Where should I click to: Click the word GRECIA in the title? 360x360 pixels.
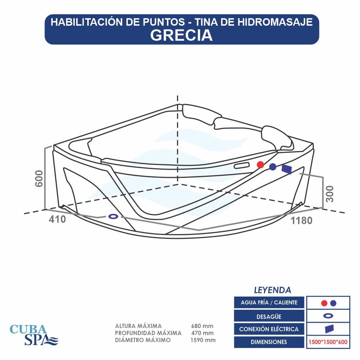tap(181, 35)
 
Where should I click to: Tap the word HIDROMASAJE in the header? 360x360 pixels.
tap(275, 22)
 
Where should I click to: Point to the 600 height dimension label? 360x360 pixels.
tap(39, 179)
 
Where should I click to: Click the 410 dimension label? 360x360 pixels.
tap(57, 219)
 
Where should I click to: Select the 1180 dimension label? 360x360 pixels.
tap(302, 221)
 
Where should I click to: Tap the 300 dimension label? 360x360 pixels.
tap(330, 194)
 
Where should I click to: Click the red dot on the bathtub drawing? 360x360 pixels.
tap(260, 165)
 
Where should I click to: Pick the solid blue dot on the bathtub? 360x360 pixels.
tap(273, 167)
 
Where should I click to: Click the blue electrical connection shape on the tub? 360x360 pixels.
tap(287, 169)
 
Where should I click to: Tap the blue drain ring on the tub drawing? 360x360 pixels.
tap(113, 216)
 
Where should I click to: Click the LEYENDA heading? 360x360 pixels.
tap(272, 290)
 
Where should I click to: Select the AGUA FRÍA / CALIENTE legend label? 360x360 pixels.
tap(269, 302)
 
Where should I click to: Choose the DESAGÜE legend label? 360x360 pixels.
tap(269, 316)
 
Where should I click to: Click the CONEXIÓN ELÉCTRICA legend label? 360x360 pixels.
tap(269, 329)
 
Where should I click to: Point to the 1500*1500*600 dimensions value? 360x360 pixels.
tap(328, 342)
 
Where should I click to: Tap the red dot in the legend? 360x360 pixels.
tap(324, 303)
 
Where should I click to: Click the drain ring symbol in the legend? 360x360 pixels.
tap(328, 316)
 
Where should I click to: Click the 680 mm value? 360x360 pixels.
tap(202, 326)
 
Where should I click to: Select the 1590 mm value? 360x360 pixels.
tap(203, 340)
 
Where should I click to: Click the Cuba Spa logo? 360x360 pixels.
tap(34, 334)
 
